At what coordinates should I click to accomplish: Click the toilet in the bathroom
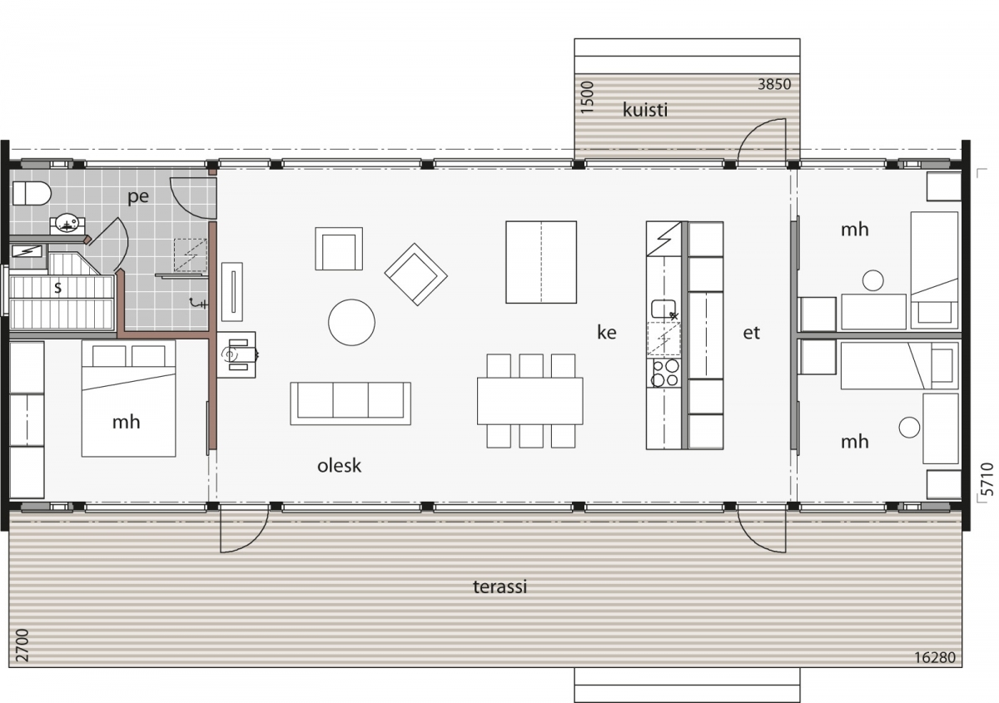(x=32, y=194)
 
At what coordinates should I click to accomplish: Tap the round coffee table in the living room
(x=351, y=322)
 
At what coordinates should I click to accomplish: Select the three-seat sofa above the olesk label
(x=350, y=403)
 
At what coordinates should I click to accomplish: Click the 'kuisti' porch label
(x=645, y=110)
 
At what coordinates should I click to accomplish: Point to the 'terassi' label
(x=500, y=587)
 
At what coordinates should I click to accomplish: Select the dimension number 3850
(x=774, y=84)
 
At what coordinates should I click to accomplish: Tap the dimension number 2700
(x=22, y=646)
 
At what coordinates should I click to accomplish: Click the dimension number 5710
(x=987, y=479)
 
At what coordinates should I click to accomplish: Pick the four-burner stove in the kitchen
(x=664, y=373)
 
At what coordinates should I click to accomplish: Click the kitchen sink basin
(x=664, y=309)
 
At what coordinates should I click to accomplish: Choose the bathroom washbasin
(x=67, y=223)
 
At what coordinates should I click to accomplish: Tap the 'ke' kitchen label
(x=607, y=333)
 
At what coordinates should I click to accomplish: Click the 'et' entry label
(x=751, y=333)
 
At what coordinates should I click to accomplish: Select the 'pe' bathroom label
(x=138, y=196)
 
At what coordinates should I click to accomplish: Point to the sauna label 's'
(x=57, y=288)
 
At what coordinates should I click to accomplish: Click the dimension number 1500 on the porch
(x=588, y=97)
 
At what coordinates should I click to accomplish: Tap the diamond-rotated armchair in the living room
(x=415, y=275)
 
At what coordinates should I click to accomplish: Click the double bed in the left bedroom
(x=128, y=399)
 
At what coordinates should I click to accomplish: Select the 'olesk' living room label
(x=339, y=466)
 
